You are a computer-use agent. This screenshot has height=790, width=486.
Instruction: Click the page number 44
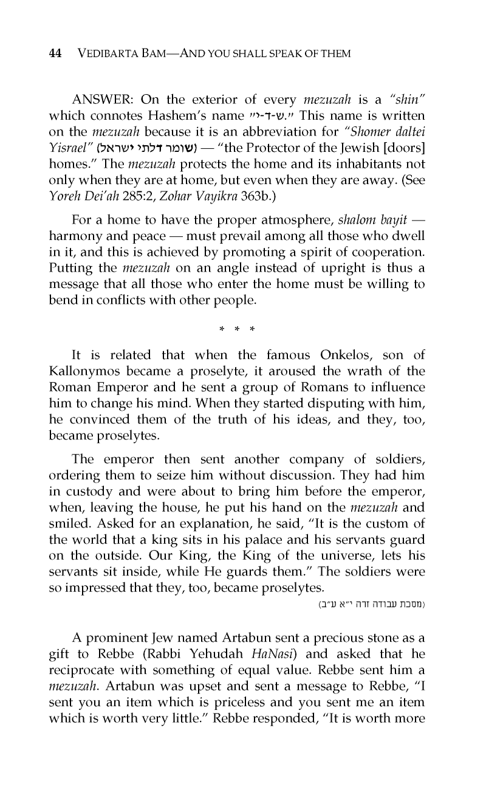55,53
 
